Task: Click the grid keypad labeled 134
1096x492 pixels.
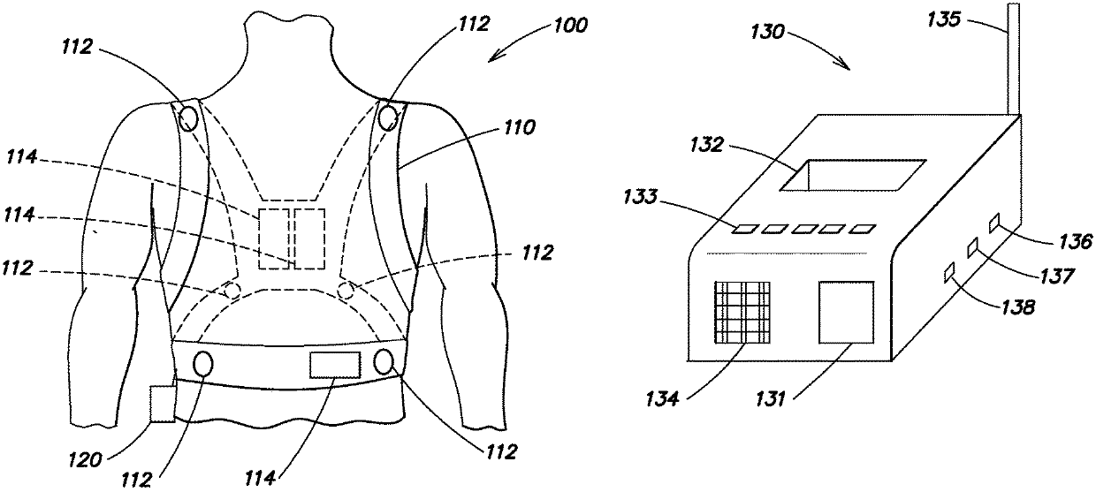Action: point(741,313)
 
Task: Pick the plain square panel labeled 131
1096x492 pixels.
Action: point(846,311)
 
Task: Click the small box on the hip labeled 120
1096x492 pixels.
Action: point(163,404)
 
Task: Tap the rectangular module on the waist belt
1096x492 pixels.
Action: point(336,364)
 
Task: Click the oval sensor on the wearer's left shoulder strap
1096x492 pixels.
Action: point(188,117)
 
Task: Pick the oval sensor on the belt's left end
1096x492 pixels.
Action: point(202,364)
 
